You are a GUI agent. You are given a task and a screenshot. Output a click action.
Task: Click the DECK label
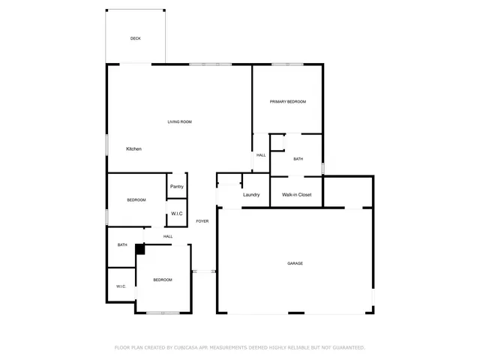point(136,38)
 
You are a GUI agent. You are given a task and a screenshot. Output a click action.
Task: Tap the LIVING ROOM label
point(180,121)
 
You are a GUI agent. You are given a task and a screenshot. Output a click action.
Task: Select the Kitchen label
point(133,148)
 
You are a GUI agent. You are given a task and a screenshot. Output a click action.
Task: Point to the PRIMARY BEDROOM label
point(288,101)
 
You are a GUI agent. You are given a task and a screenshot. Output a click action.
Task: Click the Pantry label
point(177,187)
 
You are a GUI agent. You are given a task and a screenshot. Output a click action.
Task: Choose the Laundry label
point(251,195)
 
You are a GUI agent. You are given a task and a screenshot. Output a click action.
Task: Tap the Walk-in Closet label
point(296,195)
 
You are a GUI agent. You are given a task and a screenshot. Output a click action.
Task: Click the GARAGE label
point(295,263)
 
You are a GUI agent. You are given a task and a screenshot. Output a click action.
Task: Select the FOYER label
point(202,221)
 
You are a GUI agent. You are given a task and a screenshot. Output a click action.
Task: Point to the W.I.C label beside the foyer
point(177,214)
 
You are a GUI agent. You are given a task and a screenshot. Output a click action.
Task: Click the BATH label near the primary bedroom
point(298,159)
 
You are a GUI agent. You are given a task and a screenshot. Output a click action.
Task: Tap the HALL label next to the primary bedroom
point(261,155)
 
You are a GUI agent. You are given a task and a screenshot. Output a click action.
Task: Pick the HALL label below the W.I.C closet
point(168,236)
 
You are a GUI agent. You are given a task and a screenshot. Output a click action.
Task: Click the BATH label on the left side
point(121,244)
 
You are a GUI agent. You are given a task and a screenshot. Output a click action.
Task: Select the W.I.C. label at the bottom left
point(121,286)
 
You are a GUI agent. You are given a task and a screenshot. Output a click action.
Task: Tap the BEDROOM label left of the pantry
point(136,199)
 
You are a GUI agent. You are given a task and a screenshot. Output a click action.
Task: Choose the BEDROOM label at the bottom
point(163,280)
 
